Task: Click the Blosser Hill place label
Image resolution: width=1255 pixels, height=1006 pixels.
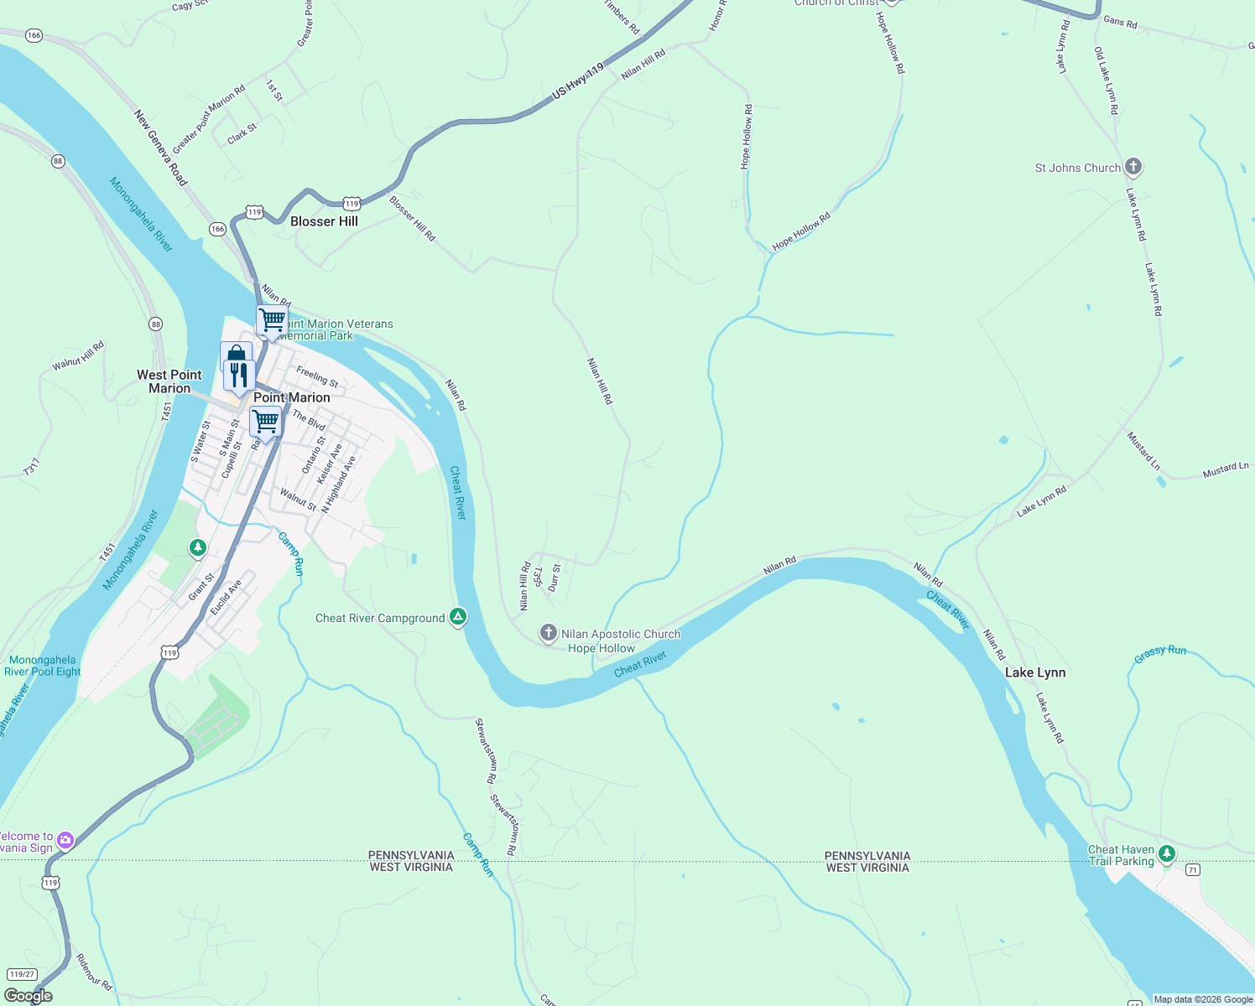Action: (324, 221)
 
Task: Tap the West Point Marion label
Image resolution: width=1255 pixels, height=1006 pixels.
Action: (169, 381)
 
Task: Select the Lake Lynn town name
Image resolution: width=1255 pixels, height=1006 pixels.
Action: (1035, 672)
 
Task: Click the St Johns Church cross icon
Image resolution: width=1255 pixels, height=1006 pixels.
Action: (1133, 167)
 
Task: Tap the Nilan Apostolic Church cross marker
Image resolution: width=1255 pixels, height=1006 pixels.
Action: (548, 633)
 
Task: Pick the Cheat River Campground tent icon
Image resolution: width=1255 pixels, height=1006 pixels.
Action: (458, 617)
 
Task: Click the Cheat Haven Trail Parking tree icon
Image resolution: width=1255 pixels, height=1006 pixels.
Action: (1167, 854)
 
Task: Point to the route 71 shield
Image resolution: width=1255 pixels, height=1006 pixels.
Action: (1192, 870)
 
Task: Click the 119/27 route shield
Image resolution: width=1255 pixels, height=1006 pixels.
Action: (22, 974)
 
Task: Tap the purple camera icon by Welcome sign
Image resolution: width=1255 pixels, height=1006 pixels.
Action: (65, 840)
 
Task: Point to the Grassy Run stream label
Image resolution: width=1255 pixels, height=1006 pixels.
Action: (1160, 653)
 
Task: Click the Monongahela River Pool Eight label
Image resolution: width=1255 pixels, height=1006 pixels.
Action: (42, 666)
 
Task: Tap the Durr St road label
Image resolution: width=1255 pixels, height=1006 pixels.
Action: (555, 578)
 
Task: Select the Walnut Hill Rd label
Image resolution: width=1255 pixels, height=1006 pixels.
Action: (78, 355)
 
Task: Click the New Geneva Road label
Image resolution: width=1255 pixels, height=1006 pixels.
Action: (160, 148)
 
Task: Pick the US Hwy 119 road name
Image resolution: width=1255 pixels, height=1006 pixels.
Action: (578, 82)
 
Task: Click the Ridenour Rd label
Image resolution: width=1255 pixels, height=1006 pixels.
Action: (94, 972)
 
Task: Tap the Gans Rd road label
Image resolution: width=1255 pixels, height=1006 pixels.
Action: (1120, 21)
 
